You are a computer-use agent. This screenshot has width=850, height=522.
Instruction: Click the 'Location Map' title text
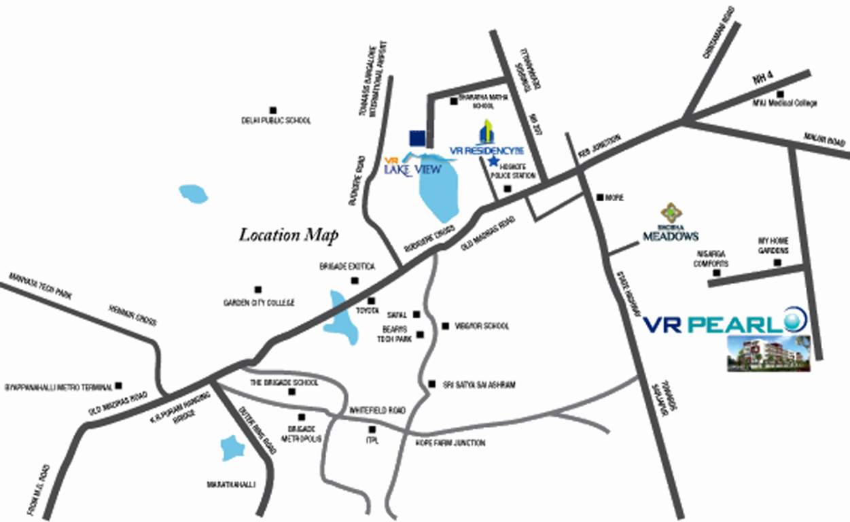[x=289, y=235]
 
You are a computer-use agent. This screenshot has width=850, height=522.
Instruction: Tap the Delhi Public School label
[x=276, y=120]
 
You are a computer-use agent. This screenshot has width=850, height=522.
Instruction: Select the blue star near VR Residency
[x=493, y=161]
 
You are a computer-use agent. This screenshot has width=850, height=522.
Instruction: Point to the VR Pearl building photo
[x=768, y=353]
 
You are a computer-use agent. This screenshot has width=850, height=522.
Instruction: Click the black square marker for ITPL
[x=372, y=430]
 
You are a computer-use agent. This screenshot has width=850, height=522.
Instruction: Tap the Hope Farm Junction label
[x=450, y=443]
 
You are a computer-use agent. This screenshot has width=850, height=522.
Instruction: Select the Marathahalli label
[x=230, y=485]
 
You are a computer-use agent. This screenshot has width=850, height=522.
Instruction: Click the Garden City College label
[x=259, y=302]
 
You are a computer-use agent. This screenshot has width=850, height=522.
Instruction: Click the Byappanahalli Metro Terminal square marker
[x=119, y=385]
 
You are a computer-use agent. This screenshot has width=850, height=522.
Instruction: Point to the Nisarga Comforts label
[x=711, y=259]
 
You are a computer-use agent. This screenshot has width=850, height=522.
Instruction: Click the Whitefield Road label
[x=377, y=411]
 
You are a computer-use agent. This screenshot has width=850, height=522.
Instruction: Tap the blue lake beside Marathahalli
[x=232, y=449]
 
